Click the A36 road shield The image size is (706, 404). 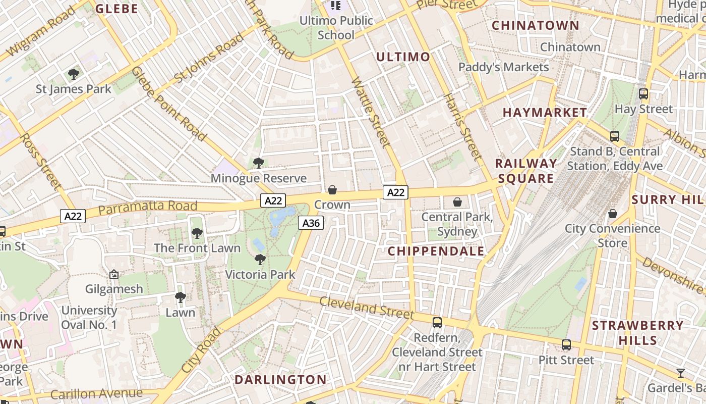310,223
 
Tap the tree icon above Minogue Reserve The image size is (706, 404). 259,163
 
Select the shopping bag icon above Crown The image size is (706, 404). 332,190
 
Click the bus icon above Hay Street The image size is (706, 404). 643,94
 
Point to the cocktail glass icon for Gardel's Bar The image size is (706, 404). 681,373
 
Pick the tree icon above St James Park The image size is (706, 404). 74,74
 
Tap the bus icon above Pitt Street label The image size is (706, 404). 566,345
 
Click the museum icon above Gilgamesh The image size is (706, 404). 114,274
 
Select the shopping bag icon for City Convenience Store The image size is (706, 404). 613,214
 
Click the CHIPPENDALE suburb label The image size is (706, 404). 436,251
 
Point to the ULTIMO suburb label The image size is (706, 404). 403,57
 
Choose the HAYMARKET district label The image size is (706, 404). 545,113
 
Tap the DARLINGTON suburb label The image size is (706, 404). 281,379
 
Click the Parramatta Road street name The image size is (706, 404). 147,207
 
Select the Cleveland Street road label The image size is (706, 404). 367,308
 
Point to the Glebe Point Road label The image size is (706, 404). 168,104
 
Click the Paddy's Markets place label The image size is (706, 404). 503,67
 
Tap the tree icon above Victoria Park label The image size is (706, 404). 260,260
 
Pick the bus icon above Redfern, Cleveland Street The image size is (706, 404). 437,323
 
